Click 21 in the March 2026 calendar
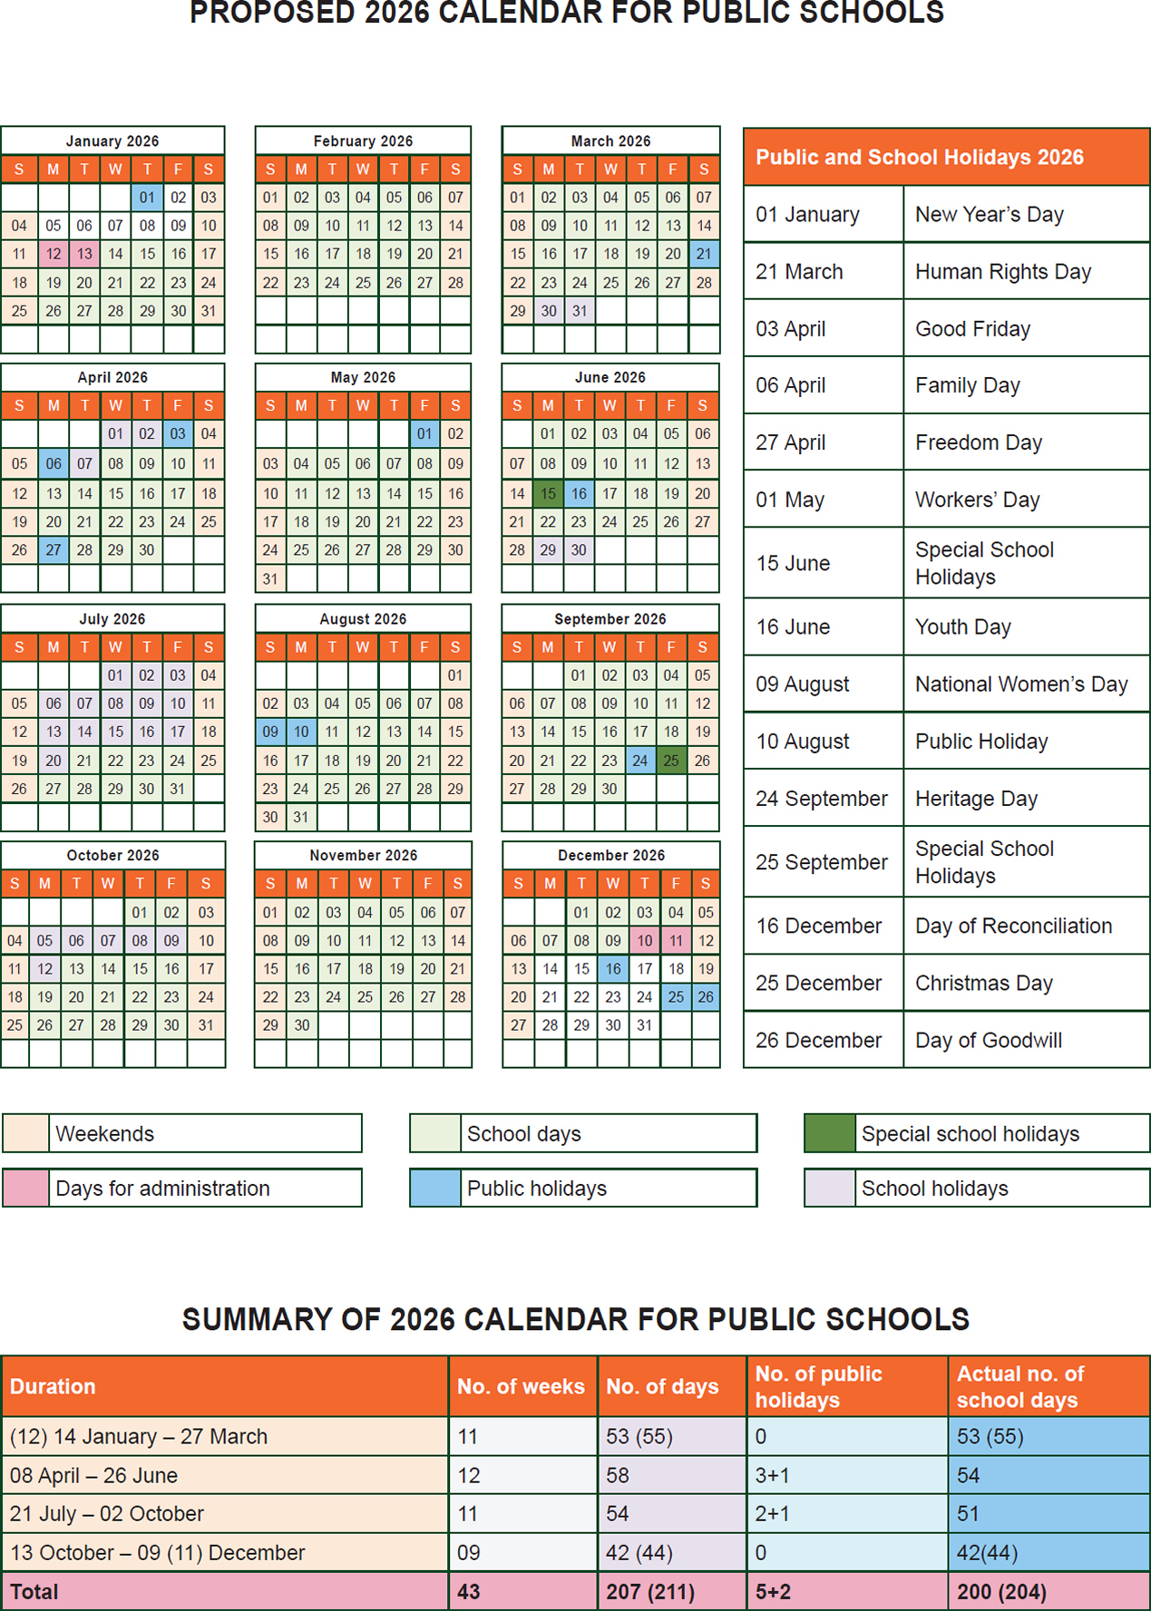tap(704, 254)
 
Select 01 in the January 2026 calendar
tap(147, 198)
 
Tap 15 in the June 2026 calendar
tap(548, 493)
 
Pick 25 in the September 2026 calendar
tap(671, 761)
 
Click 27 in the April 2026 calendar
tap(54, 549)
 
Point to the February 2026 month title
tap(363, 141)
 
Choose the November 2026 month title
tap(363, 856)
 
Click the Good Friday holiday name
tap(972, 329)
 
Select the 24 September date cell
tap(821, 799)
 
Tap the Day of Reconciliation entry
tap(1013, 926)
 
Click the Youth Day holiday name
tap(962, 626)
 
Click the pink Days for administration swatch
tap(25, 1188)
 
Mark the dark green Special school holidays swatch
tap(829, 1133)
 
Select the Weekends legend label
tap(105, 1133)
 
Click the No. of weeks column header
tap(521, 1386)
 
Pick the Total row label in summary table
tap(34, 1592)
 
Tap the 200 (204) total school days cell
tap(1001, 1592)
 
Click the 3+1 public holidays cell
tap(772, 1475)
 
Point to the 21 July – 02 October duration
tap(107, 1513)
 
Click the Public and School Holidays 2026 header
tap(920, 157)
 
